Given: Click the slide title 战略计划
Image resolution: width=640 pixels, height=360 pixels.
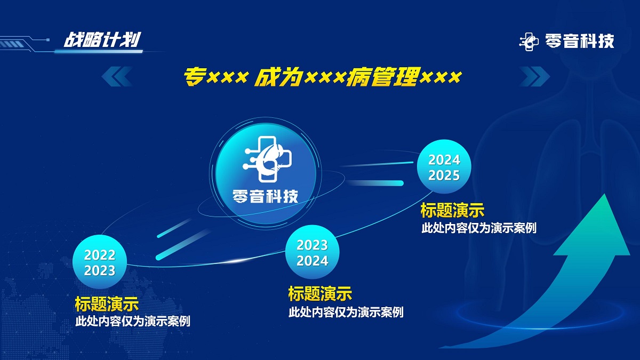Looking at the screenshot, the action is pos(102,39).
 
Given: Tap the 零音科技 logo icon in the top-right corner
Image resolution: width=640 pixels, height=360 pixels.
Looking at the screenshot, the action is pos(529,42).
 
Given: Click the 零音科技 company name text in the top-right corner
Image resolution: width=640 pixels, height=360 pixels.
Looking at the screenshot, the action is pos(580,41).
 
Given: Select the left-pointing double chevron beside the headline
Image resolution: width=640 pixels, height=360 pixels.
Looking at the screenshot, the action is pos(117,76).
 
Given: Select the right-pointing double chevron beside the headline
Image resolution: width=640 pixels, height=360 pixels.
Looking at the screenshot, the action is pos(534,76).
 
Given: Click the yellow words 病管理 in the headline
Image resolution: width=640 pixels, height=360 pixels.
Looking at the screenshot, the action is pos(383,77).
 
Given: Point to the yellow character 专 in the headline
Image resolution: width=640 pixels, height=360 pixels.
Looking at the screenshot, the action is pos(194,77).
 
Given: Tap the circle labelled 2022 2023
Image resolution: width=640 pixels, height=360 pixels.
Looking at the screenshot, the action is pos(99,262).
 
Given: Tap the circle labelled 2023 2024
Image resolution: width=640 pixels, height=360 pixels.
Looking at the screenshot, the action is pos(313,252).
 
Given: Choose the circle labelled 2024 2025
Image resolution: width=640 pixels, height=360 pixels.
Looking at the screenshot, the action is pos(444,167).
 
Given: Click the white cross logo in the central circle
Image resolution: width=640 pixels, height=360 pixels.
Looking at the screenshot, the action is pos(267,159).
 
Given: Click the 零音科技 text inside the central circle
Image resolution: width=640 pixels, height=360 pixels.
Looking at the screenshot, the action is pos(265,196).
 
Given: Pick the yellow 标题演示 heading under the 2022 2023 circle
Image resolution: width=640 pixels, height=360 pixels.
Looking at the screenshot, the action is pos(107,303).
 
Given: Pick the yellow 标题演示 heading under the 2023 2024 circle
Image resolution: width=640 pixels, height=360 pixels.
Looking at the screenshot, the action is pos(320,294).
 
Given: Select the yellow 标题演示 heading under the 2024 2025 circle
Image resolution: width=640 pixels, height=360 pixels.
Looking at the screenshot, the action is pos(452,210).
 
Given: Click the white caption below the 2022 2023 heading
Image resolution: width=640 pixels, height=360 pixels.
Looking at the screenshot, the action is pos(133,322).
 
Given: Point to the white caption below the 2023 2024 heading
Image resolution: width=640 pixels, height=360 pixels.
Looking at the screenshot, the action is pos(346,312).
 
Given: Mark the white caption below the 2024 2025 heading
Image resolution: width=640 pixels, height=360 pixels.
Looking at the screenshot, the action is pos(479,228).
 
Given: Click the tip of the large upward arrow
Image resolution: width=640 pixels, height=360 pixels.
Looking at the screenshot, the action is pos(604,194).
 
